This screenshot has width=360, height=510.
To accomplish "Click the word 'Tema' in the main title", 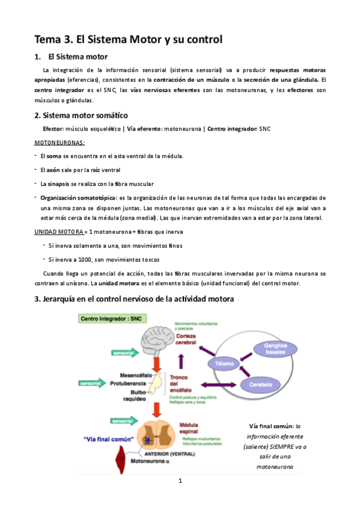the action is pyautogui.click(x=48, y=40).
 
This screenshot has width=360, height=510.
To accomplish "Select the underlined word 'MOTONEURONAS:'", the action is pyautogui.click(x=59, y=143).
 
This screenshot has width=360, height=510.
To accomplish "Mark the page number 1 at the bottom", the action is pyautogui.click(x=180, y=481).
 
